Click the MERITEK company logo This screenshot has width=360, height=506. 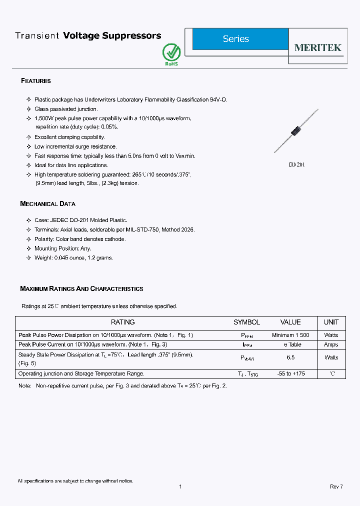click(x=317, y=47)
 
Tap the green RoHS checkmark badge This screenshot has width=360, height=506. click(x=171, y=53)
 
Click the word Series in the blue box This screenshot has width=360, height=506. click(x=236, y=39)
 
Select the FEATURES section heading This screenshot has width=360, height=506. click(x=35, y=81)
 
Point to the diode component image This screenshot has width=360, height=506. click(x=296, y=131)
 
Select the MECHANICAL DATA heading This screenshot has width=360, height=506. click(x=47, y=204)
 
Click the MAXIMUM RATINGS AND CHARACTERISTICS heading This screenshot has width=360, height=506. click(x=81, y=289)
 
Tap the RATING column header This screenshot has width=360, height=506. click(x=122, y=322)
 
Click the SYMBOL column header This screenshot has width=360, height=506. click(x=246, y=322)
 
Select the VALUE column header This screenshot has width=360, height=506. click(x=290, y=322)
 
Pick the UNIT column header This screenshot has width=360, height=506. click(x=331, y=322)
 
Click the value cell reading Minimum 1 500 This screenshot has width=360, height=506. click(x=290, y=335)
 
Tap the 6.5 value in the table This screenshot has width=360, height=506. click(x=290, y=357)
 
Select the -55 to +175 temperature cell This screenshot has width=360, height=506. click(x=290, y=373)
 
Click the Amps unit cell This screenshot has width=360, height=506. click(x=331, y=344)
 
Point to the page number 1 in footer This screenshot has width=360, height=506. click(x=180, y=486)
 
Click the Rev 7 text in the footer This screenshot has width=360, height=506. click(x=336, y=486)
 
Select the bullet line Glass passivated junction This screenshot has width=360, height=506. click(x=66, y=109)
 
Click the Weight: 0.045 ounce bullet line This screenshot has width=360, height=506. click(x=73, y=258)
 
